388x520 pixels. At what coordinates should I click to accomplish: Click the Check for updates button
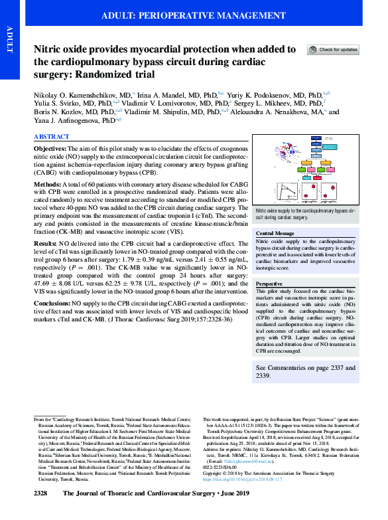point(333,50)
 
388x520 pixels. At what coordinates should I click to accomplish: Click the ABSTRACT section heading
point(51,136)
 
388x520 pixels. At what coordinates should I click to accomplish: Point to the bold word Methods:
point(48,184)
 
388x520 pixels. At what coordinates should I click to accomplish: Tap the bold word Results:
point(47,244)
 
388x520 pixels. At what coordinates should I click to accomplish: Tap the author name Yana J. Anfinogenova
point(72,121)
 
